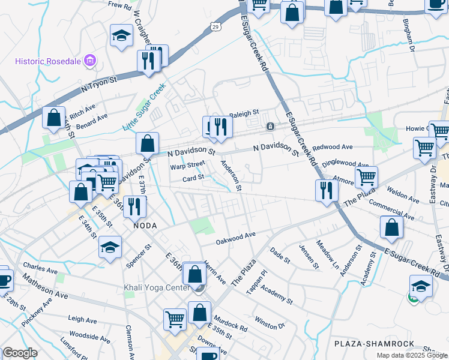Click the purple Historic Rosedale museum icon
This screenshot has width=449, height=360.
(x=90, y=61)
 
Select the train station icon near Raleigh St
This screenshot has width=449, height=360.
(x=271, y=127)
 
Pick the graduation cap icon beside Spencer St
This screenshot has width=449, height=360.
(x=110, y=247)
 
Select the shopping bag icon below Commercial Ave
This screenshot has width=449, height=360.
(x=391, y=227)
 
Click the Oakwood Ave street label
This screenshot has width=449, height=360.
(x=236, y=238)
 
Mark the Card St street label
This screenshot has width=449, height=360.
(x=193, y=178)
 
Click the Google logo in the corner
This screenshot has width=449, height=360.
(x=20, y=353)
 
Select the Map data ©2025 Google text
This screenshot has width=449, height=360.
(x=411, y=355)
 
